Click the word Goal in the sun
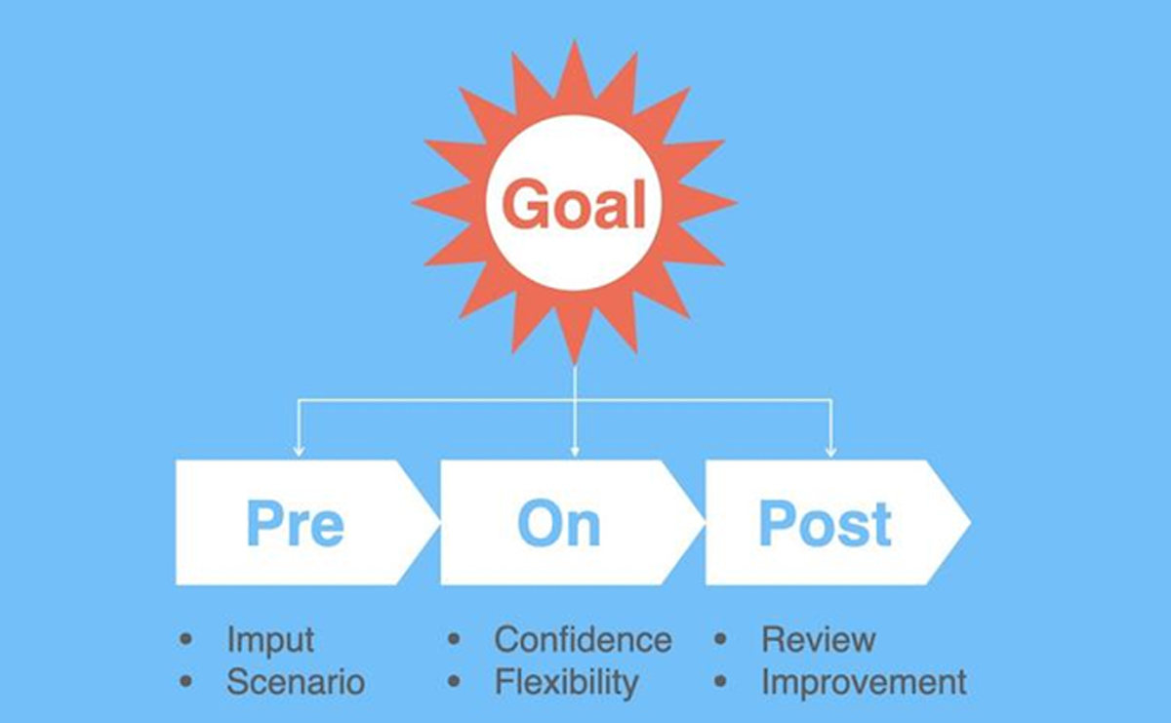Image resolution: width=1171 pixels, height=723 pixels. [574, 203]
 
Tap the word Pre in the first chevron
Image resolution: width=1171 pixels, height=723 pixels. [296, 523]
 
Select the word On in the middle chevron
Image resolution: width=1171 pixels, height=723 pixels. [559, 523]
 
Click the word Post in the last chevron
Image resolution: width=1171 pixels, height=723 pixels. [826, 523]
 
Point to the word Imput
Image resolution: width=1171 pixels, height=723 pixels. [270, 640]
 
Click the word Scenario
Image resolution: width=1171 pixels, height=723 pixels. [296, 682]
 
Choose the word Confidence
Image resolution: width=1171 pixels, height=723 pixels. [583, 639]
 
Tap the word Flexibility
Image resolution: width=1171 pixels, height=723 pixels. [567, 682]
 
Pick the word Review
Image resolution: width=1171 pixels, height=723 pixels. [819, 639]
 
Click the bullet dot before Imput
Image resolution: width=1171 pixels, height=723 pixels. [185, 639]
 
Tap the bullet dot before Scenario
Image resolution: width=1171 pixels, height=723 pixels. [185, 681]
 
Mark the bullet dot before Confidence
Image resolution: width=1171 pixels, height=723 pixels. [454, 639]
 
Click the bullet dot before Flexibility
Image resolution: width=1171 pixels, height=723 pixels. [454, 681]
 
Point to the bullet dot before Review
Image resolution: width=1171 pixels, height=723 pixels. [720, 639]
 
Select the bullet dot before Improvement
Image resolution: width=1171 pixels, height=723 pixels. [720, 681]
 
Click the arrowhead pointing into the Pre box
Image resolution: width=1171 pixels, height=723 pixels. [299, 452]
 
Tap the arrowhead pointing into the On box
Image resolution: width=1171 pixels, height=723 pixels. [575, 452]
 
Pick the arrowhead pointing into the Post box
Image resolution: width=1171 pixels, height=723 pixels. [831, 452]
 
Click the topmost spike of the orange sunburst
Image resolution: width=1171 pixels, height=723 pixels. [575, 43]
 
